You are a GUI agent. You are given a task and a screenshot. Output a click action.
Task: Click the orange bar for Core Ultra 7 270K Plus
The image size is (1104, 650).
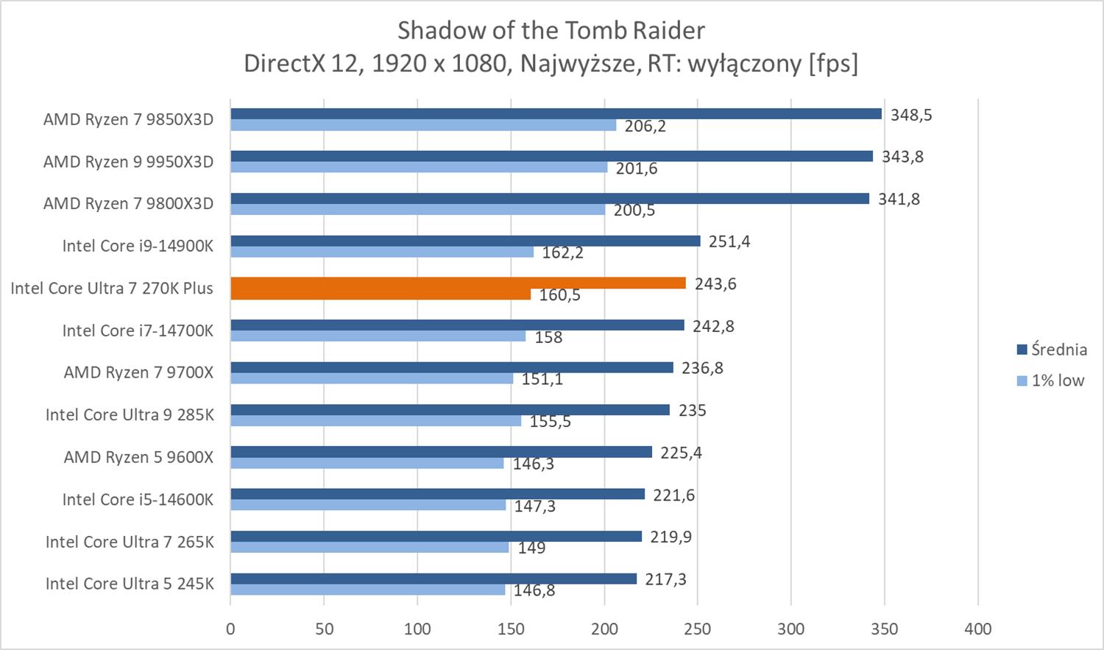coord(458,283)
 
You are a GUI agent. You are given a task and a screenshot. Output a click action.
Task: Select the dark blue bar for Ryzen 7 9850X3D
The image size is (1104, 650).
coord(556,114)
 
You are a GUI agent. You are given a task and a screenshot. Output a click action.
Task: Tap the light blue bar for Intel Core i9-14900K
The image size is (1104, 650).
coord(382,252)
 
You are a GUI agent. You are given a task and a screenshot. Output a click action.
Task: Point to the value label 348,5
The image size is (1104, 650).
coord(911,115)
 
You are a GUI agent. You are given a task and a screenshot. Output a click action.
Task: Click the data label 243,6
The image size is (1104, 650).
coord(715,284)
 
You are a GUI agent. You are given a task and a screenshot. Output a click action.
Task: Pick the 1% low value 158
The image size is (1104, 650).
coord(548,337)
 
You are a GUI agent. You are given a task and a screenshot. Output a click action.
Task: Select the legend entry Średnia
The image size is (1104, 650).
coord(1058,350)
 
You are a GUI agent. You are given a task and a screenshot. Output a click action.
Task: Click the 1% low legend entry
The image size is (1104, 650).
coord(1057,381)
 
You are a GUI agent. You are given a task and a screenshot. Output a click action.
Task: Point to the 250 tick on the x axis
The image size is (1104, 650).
coord(698,629)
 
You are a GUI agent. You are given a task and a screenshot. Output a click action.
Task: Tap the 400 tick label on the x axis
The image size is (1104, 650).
coord(978,629)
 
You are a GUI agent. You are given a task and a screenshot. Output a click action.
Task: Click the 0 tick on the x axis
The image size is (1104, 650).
coord(230,629)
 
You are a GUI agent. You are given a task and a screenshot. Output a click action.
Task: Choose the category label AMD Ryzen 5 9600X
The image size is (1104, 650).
coord(138,457)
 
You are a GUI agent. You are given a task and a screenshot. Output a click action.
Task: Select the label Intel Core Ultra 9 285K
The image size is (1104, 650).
coord(130,415)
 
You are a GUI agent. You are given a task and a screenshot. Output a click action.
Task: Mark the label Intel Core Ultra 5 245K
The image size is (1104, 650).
coord(130,584)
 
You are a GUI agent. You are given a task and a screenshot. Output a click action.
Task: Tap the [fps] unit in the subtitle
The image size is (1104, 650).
coord(833,64)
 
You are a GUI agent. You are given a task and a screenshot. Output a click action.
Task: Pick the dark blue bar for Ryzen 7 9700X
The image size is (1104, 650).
coord(451,367)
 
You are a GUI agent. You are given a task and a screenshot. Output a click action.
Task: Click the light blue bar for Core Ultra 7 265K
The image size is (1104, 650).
coord(369,548)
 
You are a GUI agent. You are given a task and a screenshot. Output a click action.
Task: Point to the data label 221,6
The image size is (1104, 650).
coord(673,495)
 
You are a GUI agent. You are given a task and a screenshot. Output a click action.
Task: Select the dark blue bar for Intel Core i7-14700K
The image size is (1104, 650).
coord(457,325)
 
